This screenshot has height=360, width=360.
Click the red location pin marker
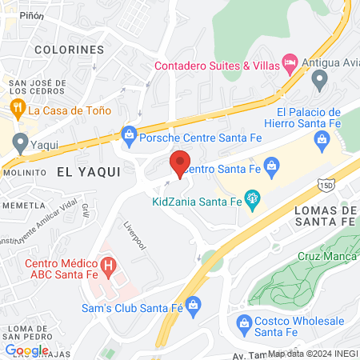(x=180, y=163)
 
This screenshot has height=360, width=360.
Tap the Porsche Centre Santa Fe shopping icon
(x=127, y=133)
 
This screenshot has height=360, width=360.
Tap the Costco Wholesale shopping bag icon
(x=246, y=322)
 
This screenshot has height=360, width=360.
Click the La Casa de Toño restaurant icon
(x=16, y=108)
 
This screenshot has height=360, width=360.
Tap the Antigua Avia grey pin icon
(x=320, y=78)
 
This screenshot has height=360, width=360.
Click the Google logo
(x=26, y=350)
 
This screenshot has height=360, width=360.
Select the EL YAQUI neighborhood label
(x=88, y=171)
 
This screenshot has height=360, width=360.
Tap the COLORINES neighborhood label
(x=70, y=50)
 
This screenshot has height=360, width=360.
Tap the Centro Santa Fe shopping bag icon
(x=271, y=167)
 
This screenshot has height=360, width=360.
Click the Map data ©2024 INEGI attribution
(x=312, y=353)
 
